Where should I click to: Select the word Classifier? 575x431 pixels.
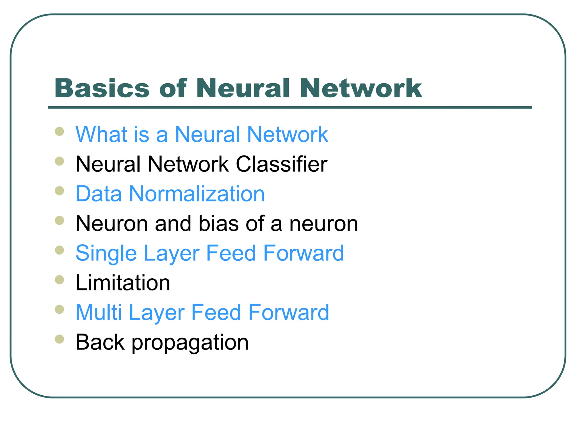(x=281, y=164)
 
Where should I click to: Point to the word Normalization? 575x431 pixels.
(x=197, y=194)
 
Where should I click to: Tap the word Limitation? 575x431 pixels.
(x=123, y=283)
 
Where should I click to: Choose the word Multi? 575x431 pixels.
(x=99, y=313)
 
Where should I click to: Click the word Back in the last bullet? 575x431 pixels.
(x=100, y=342)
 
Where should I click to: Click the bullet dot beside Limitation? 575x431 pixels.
(x=60, y=280)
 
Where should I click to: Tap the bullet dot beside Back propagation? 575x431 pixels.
(x=60, y=339)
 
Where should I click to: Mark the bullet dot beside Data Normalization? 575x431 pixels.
(x=60, y=191)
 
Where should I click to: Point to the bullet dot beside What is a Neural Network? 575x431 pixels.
(x=60, y=131)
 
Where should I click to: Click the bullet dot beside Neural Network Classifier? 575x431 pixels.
(x=60, y=161)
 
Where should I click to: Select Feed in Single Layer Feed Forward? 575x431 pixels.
(x=231, y=253)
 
